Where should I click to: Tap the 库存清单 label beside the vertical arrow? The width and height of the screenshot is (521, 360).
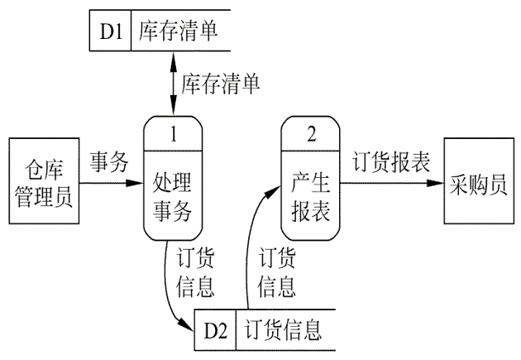[x=220, y=83]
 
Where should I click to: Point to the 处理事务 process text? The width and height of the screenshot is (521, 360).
[x=174, y=196]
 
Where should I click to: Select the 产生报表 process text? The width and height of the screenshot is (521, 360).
[x=311, y=196]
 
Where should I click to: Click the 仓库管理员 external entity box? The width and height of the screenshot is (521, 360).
[x=45, y=182]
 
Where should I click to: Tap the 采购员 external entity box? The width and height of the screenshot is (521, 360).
[x=477, y=183]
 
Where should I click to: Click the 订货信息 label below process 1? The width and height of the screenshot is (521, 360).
[x=196, y=271]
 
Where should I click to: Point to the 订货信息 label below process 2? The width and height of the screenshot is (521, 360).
[x=279, y=271]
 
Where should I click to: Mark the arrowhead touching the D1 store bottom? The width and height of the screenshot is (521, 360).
[x=174, y=56]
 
